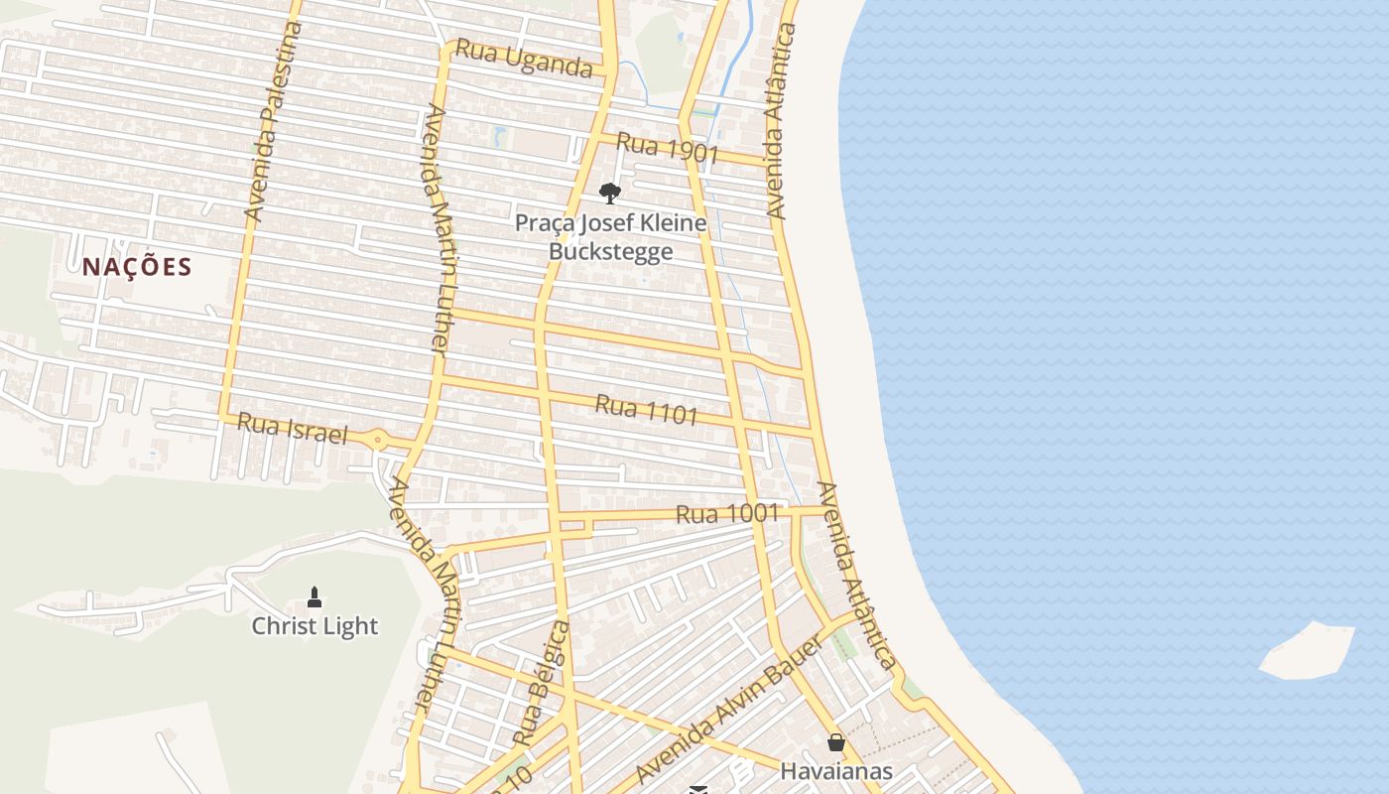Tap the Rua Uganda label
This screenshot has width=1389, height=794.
[523, 61]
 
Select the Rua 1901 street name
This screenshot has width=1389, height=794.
[667, 147]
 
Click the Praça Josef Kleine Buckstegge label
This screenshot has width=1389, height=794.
[610, 236]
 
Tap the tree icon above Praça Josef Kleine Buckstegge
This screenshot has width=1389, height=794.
[610, 193]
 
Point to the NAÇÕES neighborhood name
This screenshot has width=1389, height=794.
[137, 266]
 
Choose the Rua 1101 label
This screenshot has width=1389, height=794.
[647, 409]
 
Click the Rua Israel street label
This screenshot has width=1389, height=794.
[293, 429]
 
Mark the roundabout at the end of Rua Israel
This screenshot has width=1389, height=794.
[378, 440]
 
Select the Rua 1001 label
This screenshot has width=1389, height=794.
[727, 513]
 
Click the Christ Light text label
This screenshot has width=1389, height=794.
[315, 626]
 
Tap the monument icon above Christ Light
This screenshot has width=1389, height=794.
[315, 596]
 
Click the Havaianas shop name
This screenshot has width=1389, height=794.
[836, 771]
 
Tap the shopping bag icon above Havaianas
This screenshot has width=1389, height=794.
[836, 742]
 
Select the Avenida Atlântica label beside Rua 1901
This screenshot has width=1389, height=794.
[781, 121]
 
